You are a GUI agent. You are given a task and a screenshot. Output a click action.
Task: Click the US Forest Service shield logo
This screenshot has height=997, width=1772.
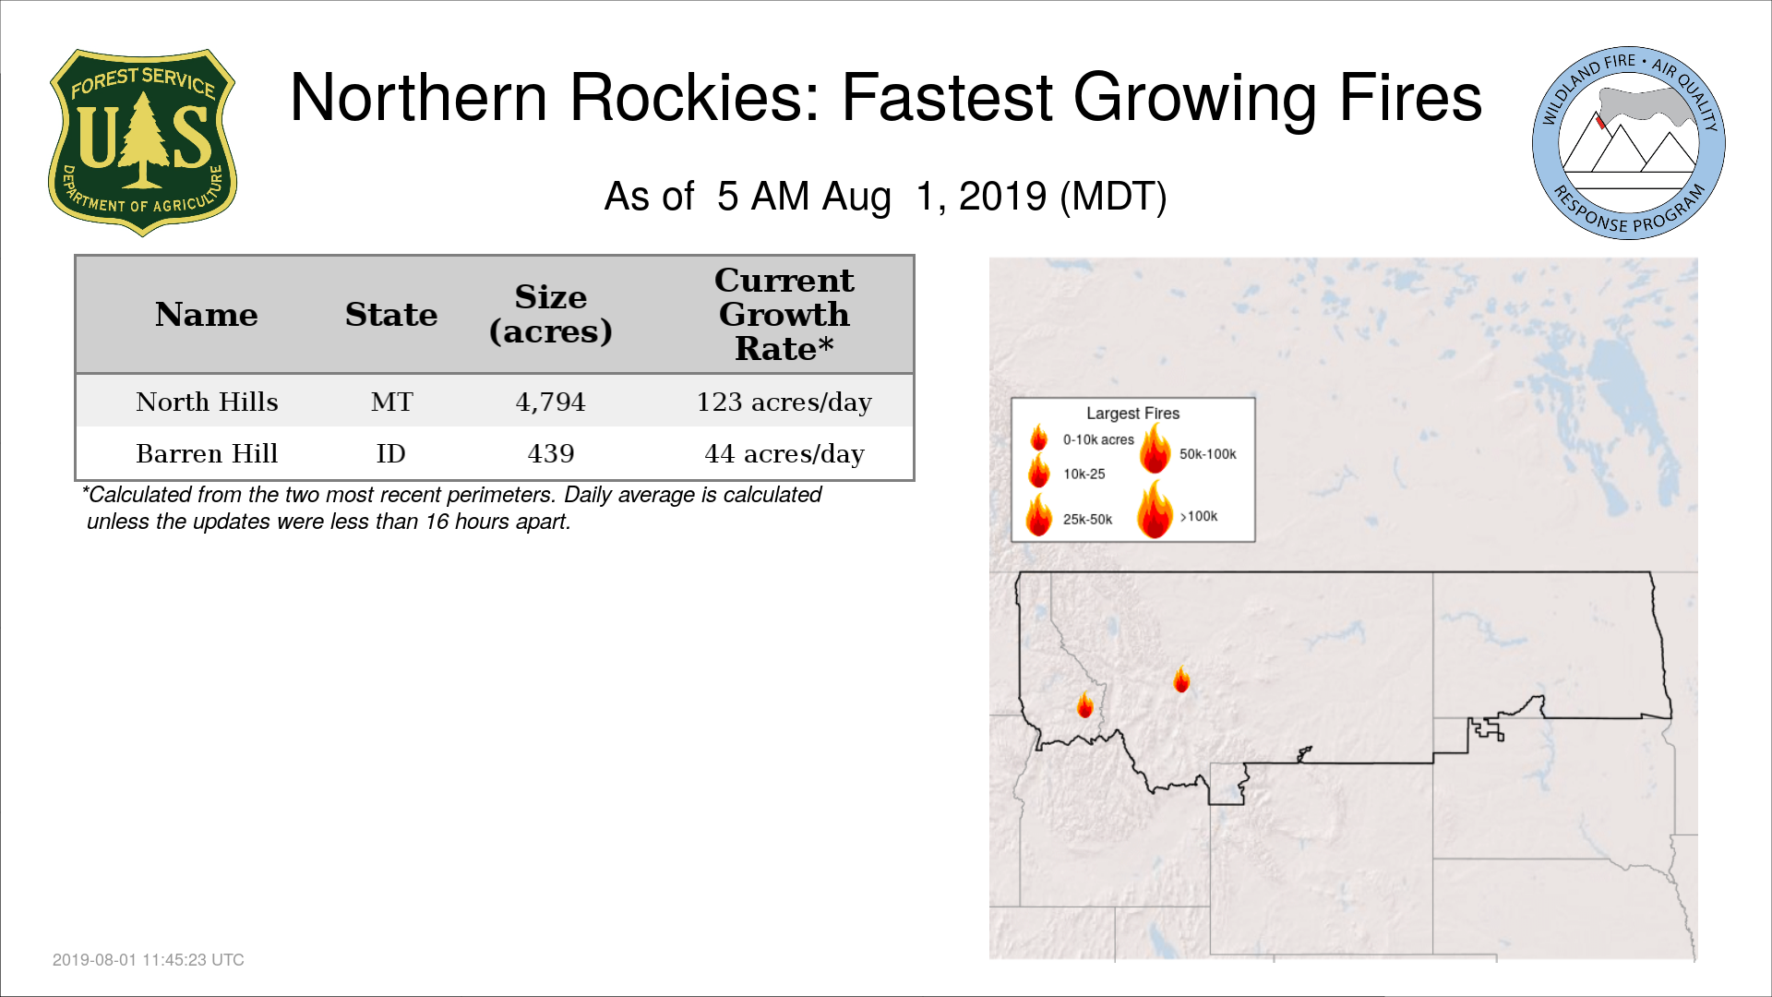142,143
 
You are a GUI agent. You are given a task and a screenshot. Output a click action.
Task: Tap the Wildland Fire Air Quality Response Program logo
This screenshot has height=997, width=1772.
1629,143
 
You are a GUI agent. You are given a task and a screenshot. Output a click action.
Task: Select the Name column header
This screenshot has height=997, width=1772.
207,315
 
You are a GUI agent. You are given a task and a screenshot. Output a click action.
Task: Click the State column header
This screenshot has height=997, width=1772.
391,315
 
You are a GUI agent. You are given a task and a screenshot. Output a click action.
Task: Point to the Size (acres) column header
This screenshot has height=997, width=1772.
551,314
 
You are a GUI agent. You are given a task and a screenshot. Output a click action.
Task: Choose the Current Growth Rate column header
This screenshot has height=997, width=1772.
784,314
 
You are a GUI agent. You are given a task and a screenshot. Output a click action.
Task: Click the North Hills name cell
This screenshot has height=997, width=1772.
207,402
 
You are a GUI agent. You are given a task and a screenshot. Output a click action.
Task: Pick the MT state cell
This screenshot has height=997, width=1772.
392,402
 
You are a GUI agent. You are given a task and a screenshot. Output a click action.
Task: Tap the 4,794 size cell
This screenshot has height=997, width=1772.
551,402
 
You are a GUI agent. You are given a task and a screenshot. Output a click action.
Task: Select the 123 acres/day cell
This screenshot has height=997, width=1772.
784,402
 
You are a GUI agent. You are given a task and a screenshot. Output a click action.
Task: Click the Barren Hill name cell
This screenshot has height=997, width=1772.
207,453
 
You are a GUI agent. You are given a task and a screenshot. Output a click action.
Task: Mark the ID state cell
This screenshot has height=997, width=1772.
391,453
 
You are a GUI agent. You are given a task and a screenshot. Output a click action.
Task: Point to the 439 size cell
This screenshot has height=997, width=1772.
551,453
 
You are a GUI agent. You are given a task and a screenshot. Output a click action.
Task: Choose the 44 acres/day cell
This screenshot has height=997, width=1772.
784,454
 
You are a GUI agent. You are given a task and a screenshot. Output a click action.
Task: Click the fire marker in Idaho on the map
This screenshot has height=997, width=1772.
1085,705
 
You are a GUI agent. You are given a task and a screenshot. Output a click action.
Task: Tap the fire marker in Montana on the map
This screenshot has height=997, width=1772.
1181,679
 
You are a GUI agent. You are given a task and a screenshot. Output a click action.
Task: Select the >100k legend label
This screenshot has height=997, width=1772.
1199,516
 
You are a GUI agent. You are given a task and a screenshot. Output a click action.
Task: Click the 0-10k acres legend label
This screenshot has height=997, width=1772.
1098,439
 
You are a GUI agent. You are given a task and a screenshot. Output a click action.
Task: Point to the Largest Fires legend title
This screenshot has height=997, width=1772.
1132,414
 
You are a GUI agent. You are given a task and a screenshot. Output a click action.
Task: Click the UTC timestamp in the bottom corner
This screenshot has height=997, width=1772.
149,960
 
